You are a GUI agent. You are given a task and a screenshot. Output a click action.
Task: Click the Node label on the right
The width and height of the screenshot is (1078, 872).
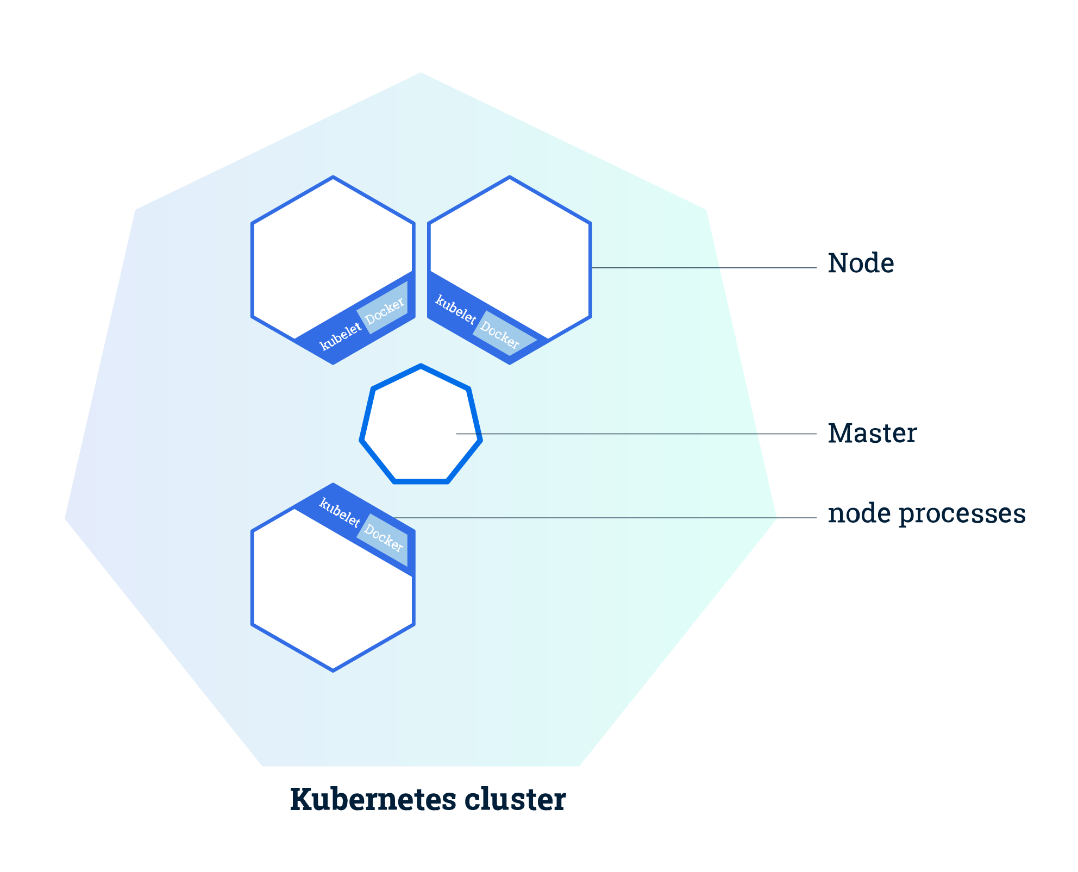click(861, 264)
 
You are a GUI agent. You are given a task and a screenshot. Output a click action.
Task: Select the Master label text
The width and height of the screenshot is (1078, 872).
click(872, 434)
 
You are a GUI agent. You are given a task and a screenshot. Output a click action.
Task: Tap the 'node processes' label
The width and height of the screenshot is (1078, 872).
click(926, 514)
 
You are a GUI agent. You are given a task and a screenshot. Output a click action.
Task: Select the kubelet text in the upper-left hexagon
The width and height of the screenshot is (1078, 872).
click(341, 336)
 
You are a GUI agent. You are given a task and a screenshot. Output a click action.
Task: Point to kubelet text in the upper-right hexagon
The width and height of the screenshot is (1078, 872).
click(455, 310)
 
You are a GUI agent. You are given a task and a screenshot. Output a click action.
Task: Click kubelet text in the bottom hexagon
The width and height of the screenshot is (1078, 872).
click(340, 512)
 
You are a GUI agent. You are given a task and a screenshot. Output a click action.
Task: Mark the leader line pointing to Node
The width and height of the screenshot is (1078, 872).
click(706, 268)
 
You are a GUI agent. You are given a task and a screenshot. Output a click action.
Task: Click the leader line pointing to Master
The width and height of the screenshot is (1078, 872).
click(652, 434)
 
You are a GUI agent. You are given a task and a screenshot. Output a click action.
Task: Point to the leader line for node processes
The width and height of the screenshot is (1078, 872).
click(598, 518)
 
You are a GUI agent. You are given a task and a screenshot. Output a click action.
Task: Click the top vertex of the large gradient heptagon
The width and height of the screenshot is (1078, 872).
click(421, 73)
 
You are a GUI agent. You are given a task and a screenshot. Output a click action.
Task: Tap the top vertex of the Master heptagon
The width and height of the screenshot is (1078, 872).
click(421, 366)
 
